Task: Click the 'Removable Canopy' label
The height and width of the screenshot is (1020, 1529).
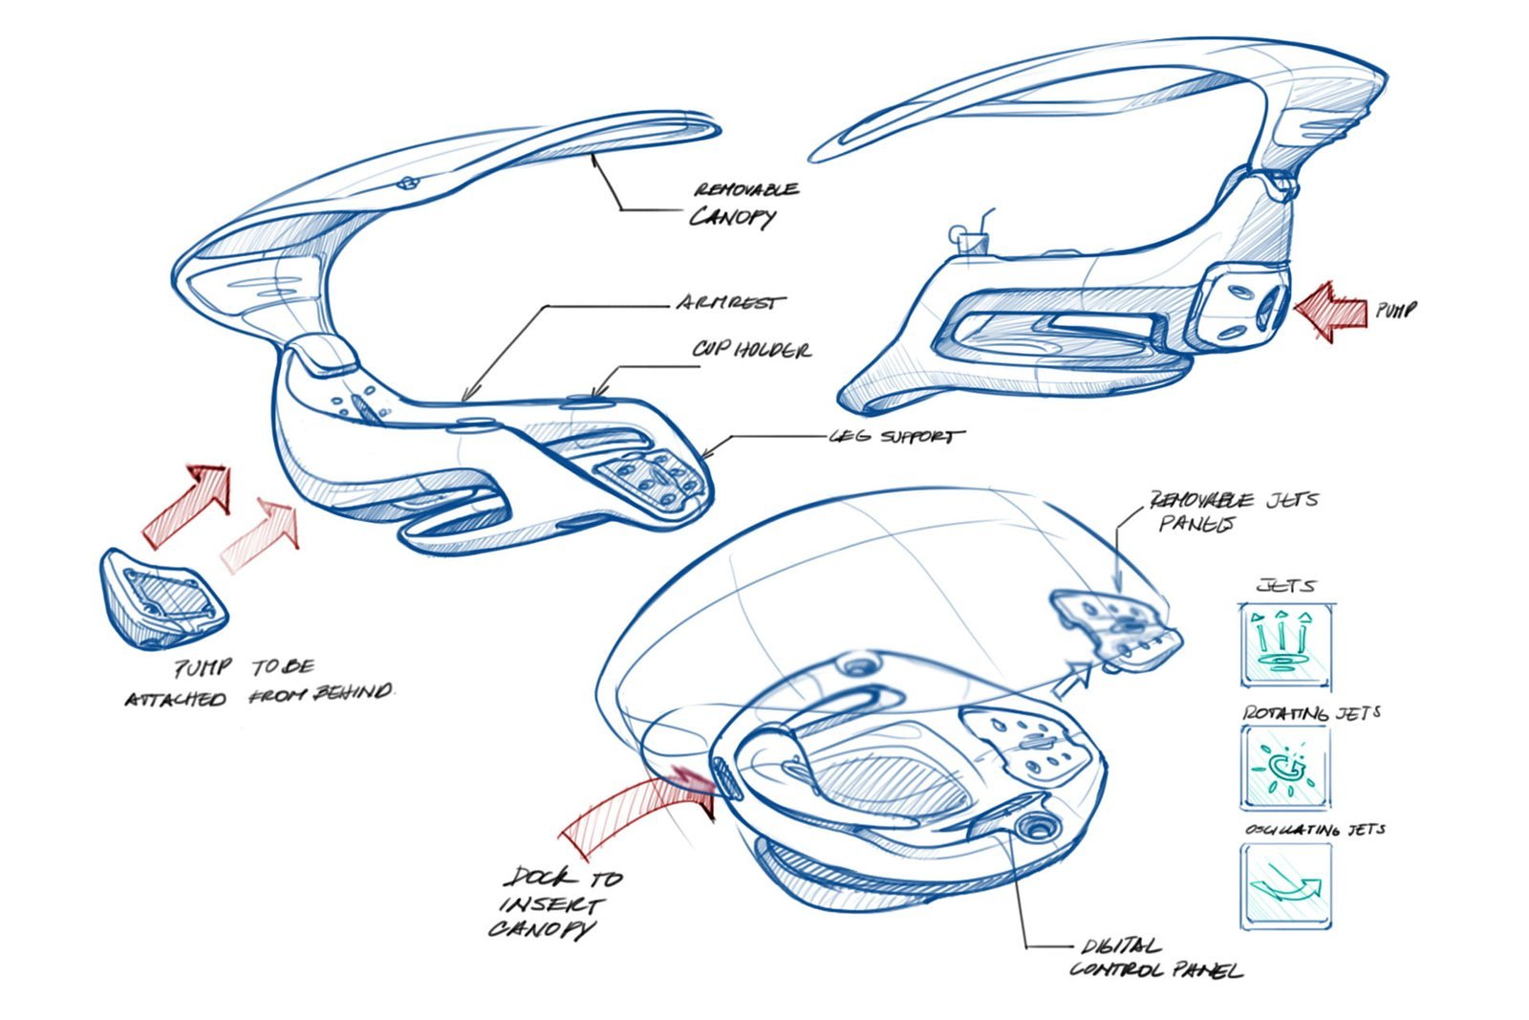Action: click(744, 203)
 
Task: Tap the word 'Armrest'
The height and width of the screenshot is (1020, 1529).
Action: click(729, 304)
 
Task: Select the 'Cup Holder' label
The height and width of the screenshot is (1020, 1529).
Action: click(751, 350)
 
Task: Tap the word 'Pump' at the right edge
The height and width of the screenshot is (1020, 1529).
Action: click(1395, 311)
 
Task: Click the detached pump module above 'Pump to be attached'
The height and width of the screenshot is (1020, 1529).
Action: click(162, 598)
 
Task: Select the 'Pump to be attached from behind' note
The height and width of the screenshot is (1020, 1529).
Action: click(258, 683)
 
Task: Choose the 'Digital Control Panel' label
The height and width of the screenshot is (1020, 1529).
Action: click(1154, 959)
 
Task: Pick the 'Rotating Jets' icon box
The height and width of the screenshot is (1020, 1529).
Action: click(1285, 768)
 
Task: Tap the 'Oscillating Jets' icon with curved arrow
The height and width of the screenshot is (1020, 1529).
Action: click(1285, 886)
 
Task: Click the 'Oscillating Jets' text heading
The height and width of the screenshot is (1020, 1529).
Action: click(1314, 830)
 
